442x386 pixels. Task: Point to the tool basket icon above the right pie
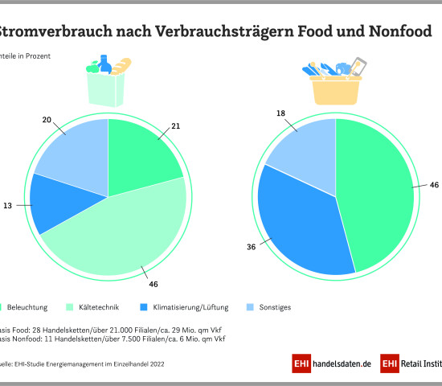click(x=336, y=80)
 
